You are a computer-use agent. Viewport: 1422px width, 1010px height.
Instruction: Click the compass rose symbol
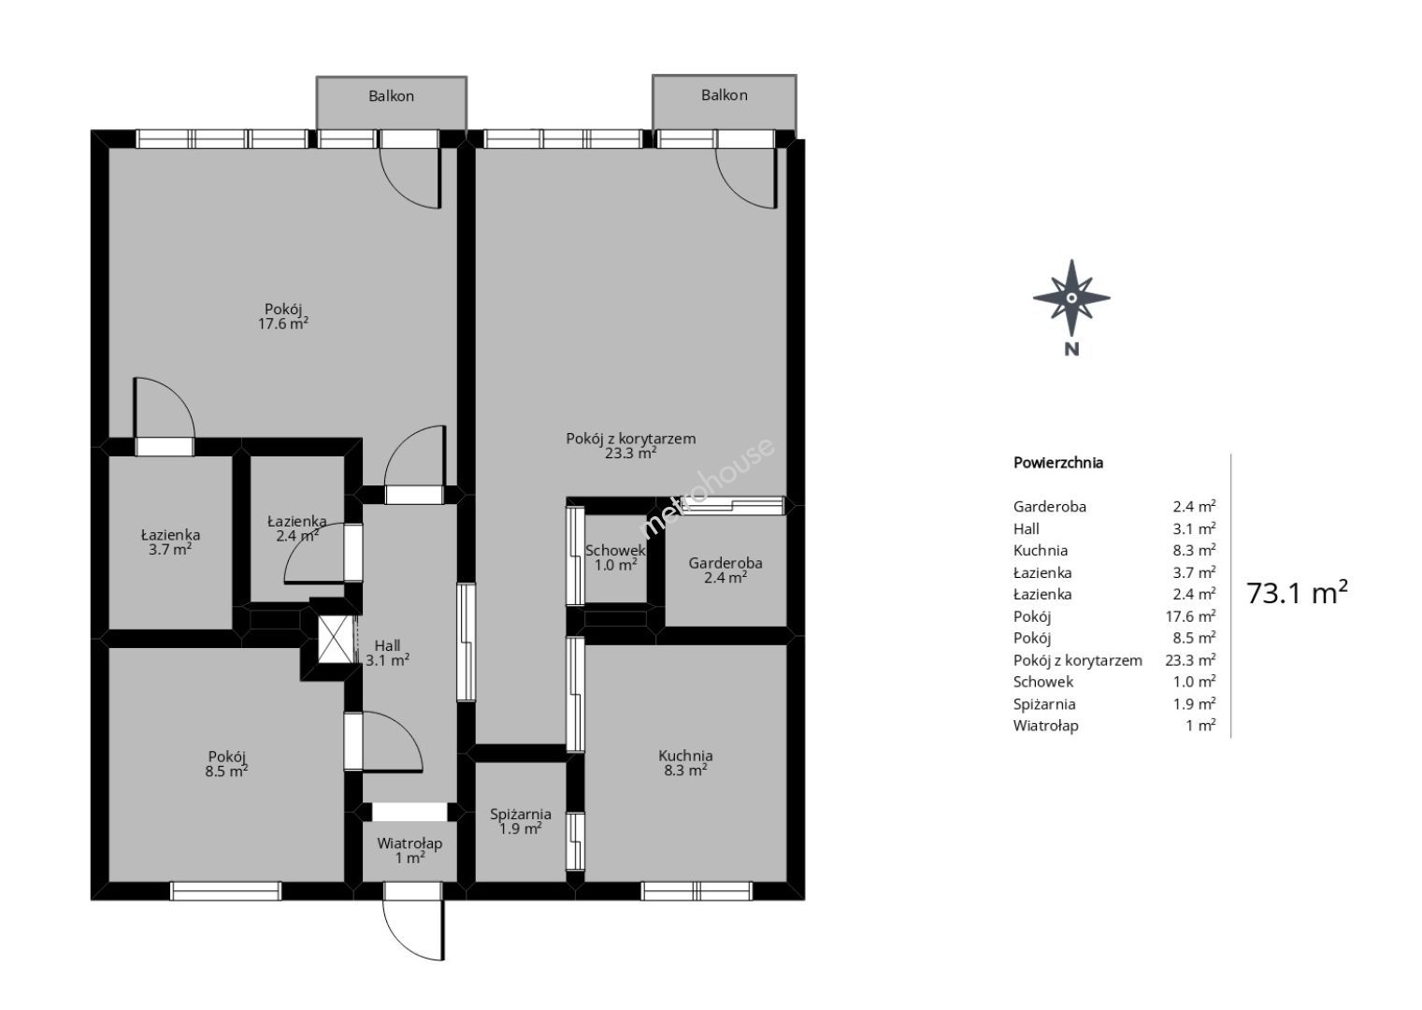(x=1071, y=297)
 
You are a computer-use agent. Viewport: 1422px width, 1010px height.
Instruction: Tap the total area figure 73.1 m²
(x=1297, y=593)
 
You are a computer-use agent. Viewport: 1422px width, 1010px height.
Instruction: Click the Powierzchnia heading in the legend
(x=1058, y=463)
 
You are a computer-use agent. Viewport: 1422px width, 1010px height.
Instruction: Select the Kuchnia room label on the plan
(x=685, y=762)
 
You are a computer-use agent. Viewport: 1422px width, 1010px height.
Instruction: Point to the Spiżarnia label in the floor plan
(x=521, y=821)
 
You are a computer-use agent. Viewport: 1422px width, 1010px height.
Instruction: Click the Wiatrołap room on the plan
(x=409, y=851)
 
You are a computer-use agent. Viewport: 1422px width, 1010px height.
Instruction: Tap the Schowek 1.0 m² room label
(x=615, y=557)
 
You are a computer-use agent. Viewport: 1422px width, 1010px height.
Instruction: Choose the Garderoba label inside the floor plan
(x=725, y=570)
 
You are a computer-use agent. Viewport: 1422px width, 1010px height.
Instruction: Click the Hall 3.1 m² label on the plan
(x=387, y=653)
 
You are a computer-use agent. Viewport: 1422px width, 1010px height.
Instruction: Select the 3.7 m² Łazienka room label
(x=170, y=542)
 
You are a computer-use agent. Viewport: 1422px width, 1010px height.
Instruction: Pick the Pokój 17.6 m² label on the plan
(x=283, y=316)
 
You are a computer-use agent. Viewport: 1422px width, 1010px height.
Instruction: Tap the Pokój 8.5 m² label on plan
(x=227, y=764)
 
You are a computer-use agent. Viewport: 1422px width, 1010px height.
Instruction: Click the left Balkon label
(x=391, y=96)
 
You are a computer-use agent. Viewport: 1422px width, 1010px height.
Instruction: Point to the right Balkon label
(x=725, y=94)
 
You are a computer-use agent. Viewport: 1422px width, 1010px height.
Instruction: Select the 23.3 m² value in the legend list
(x=1190, y=660)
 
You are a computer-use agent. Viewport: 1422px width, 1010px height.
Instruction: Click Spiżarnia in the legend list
(x=1044, y=704)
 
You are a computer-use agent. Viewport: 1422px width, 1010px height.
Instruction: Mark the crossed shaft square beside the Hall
(x=336, y=640)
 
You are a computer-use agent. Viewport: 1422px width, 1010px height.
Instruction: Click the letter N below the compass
(x=1071, y=349)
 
